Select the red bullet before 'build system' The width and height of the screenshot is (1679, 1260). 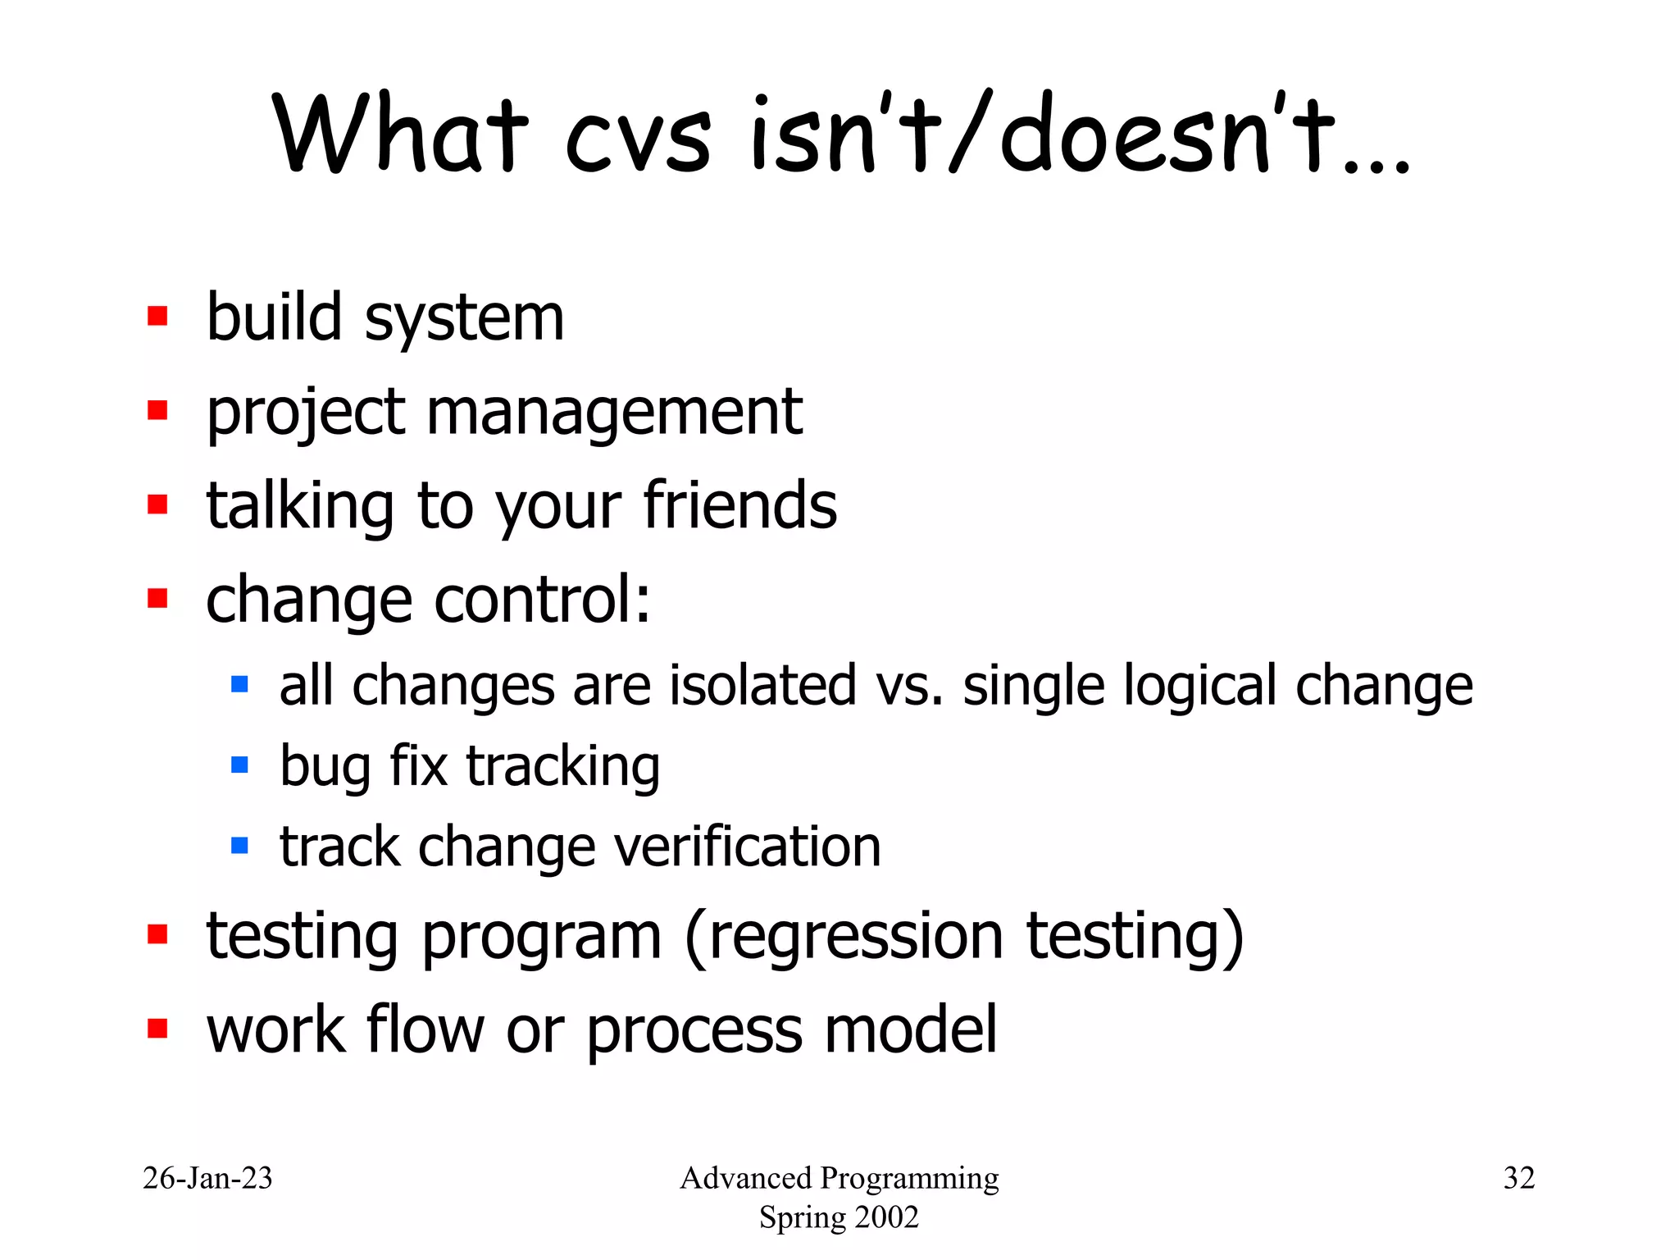(157, 317)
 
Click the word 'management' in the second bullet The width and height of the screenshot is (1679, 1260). (614, 412)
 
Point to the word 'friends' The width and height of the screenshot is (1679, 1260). (739, 505)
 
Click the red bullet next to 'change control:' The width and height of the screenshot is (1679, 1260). (157, 598)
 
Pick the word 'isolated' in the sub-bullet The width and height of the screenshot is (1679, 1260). (762, 686)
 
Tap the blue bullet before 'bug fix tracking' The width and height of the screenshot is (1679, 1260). (239, 765)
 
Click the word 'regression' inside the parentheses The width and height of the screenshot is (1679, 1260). (855, 936)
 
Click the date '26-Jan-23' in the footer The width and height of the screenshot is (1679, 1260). (207, 1178)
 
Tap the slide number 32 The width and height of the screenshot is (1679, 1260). (1518, 1178)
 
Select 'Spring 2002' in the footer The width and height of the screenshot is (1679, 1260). (839, 1217)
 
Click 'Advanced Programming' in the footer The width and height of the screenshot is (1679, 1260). (839, 1178)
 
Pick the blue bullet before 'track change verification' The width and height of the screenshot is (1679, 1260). (239, 846)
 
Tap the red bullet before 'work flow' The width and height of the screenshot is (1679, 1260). (157, 1029)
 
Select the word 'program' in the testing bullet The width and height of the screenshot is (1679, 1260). (541, 938)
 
